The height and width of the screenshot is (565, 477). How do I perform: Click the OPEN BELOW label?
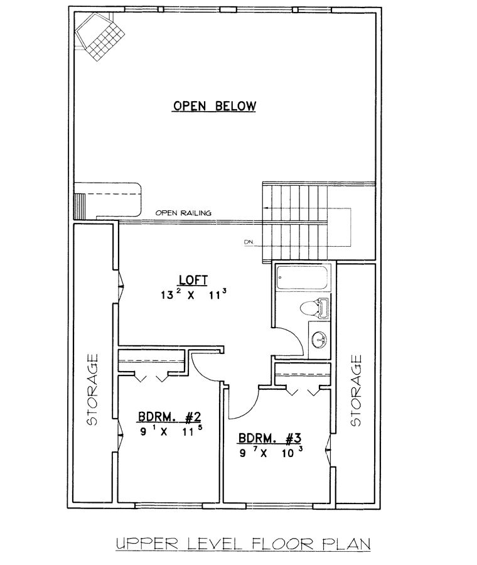[x=215, y=106]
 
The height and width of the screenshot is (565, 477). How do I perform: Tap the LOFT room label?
[x=193, y=280]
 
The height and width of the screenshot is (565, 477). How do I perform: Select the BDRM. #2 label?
[x=169, y=417]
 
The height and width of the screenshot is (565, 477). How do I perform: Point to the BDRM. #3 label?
[x=269, y=438]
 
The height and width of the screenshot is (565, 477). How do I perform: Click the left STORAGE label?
[x=92, y=389]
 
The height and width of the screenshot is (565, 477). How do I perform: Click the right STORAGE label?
[x=356, y=390]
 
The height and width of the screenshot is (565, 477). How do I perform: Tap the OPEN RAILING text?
[x=183, y=213]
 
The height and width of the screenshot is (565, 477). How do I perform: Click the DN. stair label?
[x=249, y=242]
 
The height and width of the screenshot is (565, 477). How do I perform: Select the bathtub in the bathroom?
[x=303, y=277]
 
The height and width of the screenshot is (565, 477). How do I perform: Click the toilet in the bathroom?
[x=314, y=308]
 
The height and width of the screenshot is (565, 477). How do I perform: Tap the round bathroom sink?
[x=319, y=340]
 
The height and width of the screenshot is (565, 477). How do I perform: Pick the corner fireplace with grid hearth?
[x=100, y=36]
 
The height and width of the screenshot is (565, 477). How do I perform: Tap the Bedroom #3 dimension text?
[x=271, y=452]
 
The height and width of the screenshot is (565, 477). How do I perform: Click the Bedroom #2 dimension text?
[x=171, y=431]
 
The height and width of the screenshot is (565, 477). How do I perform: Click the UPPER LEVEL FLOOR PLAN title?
[x=243, y=544]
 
